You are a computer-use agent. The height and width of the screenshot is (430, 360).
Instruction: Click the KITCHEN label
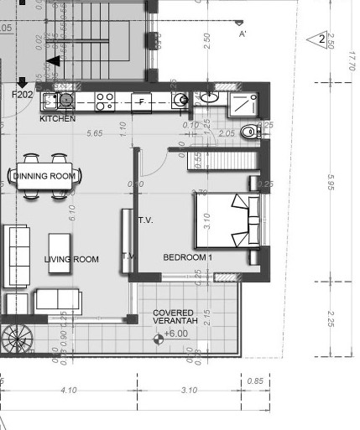(58, 119)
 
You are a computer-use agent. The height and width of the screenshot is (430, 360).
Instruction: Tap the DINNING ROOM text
(45, 176)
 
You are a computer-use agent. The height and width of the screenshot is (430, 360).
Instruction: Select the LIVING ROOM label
(71, 260)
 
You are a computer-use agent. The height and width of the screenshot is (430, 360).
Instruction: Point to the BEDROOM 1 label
(187, 257)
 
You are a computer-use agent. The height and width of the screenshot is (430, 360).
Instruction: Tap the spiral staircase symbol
(14, 339)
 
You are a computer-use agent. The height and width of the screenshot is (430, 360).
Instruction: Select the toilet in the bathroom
(249, 132)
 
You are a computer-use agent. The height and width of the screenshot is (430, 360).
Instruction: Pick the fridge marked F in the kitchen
(141, 101)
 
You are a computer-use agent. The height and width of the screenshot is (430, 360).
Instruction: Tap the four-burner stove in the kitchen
(105, 101)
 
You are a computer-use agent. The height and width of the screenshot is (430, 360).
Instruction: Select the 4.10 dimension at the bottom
(69, 390)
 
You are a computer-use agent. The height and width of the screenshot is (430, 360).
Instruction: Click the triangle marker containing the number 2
(318, 39)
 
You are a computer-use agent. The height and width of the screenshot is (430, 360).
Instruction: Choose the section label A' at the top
(243, 34)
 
